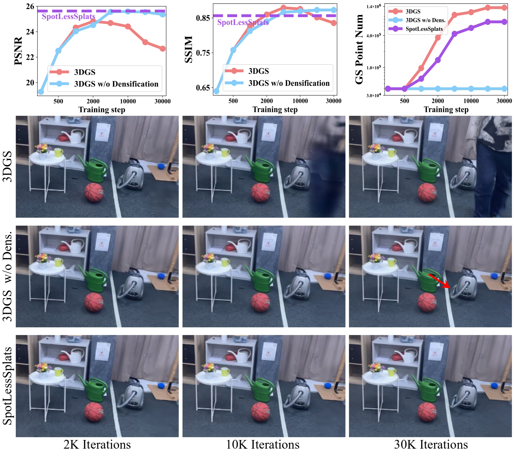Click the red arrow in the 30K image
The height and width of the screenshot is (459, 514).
pos(440,281)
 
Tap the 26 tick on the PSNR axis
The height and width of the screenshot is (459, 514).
pos(30,7)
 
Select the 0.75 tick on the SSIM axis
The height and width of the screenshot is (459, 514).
pos(203,53)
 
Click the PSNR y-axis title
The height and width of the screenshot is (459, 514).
pos(18,51)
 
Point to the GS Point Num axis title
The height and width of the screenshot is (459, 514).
pos(359,49)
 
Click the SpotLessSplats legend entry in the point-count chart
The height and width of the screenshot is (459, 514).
pos(424,29)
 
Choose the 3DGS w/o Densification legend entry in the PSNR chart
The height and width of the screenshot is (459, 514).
pos(116,84)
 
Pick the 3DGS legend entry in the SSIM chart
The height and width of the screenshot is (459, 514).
pos(258,71)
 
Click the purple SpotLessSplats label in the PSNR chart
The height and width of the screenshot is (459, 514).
pos(68,17)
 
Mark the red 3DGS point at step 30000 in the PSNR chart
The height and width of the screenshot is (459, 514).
pos(163,49)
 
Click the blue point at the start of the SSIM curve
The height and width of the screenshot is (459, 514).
pos(216,91)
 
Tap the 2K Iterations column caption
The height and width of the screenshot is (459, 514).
pos(97,444)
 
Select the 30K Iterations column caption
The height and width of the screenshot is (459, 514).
pos(431,444)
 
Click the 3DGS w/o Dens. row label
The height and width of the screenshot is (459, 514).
pos(8,276)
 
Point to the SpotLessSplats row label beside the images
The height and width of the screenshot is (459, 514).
pos(8,386)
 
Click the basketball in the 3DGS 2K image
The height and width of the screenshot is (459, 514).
pos(94,192)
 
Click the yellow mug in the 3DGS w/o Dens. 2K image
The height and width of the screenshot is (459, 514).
pos(59,262)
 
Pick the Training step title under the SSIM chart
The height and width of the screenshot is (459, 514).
pos(275,109)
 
